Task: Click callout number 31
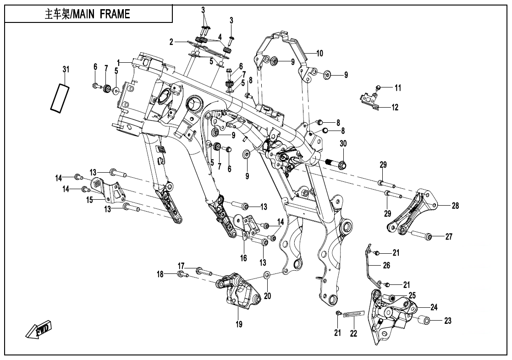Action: (66, 70)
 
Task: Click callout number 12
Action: (395, 108)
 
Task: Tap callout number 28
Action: (455, 206)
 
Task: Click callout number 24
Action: (434, 307)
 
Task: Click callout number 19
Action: (239, 325)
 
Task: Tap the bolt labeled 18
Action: (182, 274)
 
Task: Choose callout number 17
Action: (181, 266)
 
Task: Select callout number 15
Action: (89, 199)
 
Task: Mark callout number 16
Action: (243, 258)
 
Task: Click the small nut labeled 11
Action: (379, 87)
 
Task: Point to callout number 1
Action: (118, 61)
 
